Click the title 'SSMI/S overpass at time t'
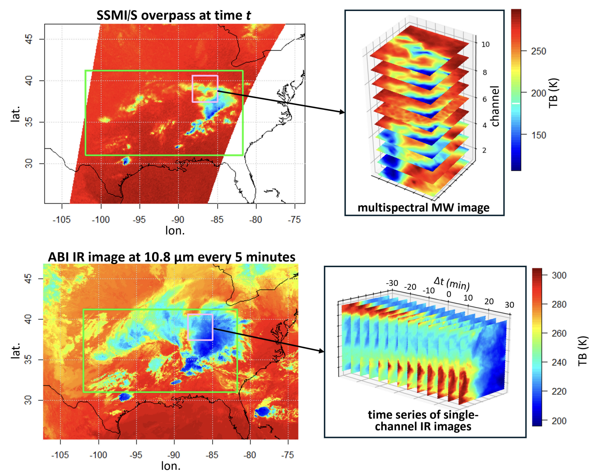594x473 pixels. point(173,15)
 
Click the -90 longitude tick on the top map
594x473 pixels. point(178,220)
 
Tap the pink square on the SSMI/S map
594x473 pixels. point(205,89)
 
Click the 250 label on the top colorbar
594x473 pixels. point(538,51)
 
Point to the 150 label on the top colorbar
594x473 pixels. point(538,135)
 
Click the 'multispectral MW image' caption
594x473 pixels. point(423,208)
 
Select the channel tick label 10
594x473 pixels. point(485,44)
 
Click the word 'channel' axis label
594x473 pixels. point(495,106)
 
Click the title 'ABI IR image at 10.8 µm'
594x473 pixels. point(171,257)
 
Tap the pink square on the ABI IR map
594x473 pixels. point(200,327)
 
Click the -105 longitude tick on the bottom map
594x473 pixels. point(60,455)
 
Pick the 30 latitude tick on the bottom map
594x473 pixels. point(28,400)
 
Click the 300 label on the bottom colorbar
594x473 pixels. point(559,275)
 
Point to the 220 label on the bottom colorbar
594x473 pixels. point(559,391)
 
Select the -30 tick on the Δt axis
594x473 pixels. point(392,283)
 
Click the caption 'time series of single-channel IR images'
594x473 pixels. point(423,420)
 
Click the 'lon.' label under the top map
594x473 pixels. point(175,230)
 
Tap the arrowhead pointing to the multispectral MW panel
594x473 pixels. point(342,112)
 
